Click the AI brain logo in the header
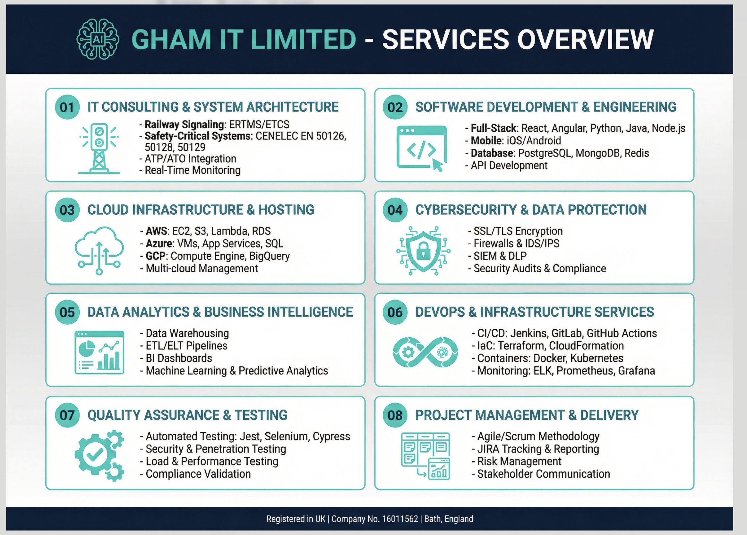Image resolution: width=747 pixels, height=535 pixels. [x=98, y=39]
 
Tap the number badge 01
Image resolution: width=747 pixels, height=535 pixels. [x=67, y=107]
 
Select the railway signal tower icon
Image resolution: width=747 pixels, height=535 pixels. [x=99, y=149]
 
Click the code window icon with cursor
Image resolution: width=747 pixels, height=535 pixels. [x=422, y=149]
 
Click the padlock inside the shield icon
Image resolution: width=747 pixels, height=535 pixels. [x=423, y=251]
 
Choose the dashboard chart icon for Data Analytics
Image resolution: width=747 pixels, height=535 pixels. [x=99, y=352]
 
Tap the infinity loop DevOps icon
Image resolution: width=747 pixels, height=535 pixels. [x=425, y=352]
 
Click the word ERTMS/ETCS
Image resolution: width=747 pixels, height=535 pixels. [x=259, y=124]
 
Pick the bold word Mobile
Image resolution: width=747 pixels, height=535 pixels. [x=486, y=140]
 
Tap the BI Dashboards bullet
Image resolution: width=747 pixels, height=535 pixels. [x=176, y=358]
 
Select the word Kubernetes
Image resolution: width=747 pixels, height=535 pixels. [x=597, y=358]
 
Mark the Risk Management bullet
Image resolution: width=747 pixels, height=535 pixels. [x=516, y=462]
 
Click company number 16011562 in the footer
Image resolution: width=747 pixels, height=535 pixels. [x=400, y=519]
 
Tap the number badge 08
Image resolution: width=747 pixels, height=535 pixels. [x=395, y=415]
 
